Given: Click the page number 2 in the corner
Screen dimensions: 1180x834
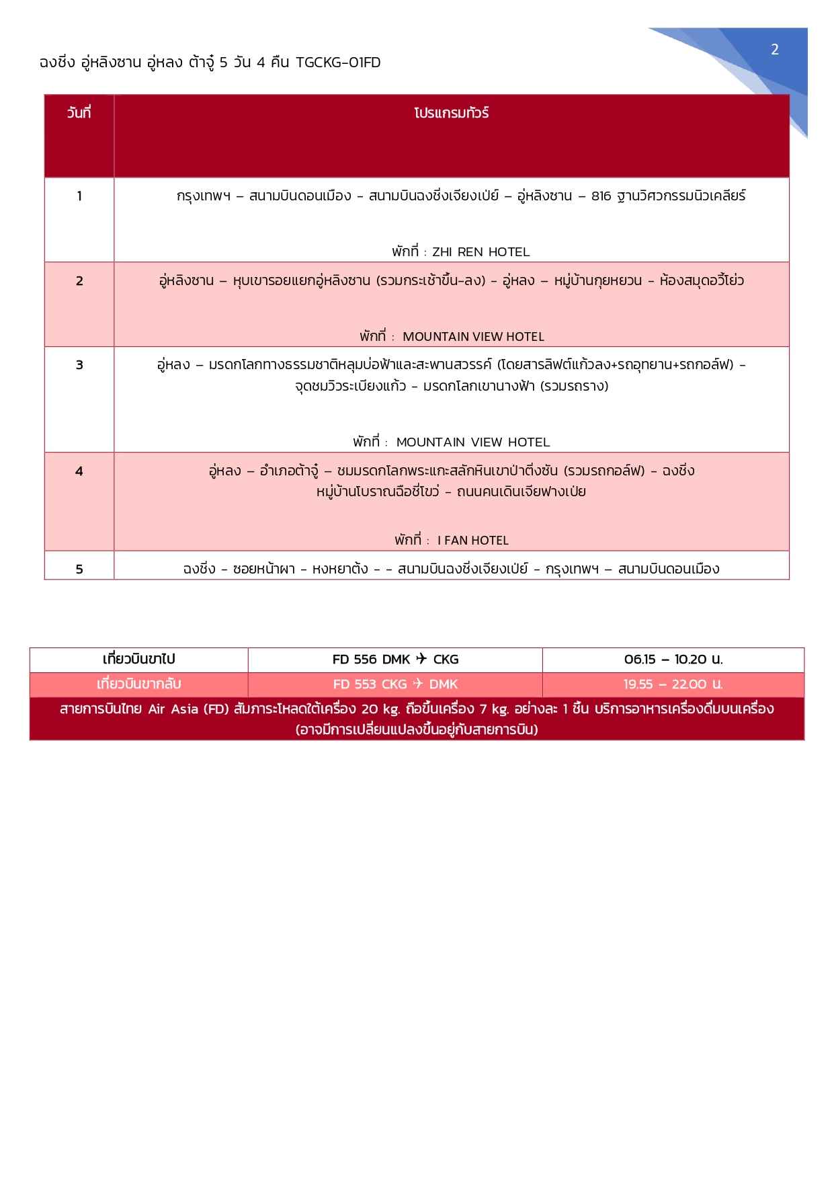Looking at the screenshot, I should (774, 49).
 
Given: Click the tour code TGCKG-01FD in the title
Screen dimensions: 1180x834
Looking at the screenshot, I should (338, 63).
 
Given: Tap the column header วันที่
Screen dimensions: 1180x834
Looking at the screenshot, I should (79, 113).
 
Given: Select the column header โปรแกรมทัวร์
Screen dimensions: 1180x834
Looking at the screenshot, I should (451, 113).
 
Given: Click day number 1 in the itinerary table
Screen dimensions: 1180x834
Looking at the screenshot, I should (79, 196).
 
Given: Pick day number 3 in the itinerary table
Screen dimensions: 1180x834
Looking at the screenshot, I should (79, 365).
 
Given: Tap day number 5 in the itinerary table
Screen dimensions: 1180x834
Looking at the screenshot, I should (79, 569).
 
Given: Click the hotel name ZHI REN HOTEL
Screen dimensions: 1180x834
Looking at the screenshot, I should (481, 252).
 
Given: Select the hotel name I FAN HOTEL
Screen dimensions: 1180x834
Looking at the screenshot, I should (473, 541).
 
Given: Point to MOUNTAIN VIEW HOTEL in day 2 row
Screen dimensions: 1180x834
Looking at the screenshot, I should (473, 337).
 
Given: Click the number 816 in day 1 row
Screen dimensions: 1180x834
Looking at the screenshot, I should (601, 196).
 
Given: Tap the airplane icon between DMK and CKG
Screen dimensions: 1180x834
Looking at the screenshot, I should (421, 659).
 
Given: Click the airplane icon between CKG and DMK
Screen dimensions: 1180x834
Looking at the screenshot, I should (418, 684).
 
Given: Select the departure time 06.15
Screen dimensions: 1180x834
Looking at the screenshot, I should (639, 660).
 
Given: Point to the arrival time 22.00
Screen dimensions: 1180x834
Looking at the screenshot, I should (688, 684).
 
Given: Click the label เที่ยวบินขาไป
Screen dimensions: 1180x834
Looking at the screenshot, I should (138, 660).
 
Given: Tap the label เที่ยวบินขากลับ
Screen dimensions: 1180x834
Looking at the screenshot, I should (138, 684).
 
